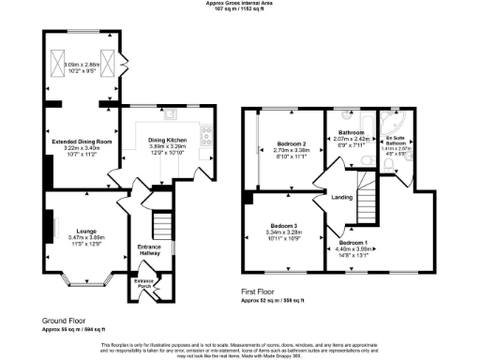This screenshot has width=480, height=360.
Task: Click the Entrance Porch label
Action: (x=143, y=281)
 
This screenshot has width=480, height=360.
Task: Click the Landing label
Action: (x=341, y=196)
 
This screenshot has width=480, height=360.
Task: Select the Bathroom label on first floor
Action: (x=351, y=133)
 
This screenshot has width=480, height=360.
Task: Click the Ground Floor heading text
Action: (x=63, y=321)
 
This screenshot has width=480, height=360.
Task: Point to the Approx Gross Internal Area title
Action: (x=239, y=4)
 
